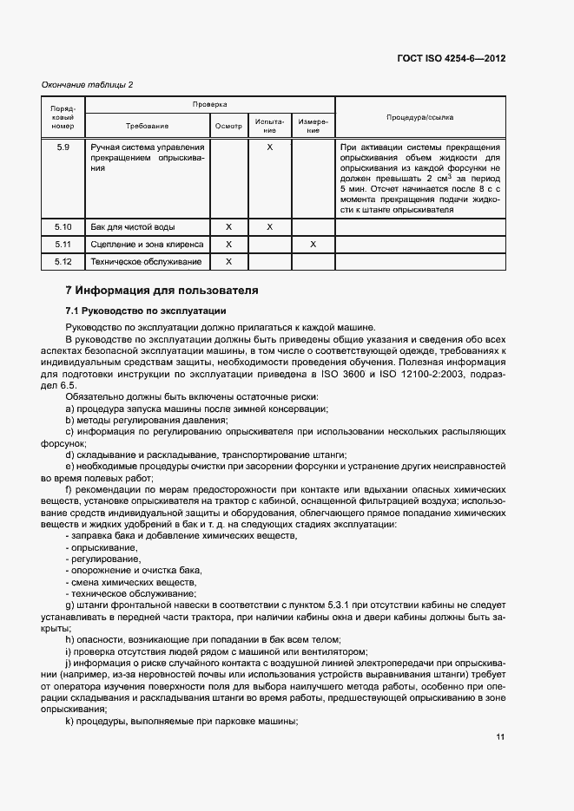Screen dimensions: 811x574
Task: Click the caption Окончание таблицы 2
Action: [x=88, y=84]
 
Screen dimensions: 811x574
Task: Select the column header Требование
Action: [x=147, y=126]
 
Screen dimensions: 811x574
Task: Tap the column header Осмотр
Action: [x=228, y=126]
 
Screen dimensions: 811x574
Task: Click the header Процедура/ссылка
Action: [x=419, y=116]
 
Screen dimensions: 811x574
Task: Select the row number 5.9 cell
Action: [x=63, y=147]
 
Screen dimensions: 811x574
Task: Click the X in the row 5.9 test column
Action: [x=270, y=147]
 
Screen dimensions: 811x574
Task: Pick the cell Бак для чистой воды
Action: [x=128, y=226]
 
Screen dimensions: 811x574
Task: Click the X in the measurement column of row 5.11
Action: [x=313, y=244]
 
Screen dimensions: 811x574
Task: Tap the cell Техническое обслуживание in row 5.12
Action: [x=146, y=261]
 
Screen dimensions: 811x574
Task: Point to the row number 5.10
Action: [x=63, y=226]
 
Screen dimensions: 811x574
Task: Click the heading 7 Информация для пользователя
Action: [x=162, y=290]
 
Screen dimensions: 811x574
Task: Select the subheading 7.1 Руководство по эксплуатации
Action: [x=146, y=310]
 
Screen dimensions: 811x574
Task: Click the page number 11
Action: [x=500, y=737]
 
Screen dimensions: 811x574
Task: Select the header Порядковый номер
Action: [x=63, y=116]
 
